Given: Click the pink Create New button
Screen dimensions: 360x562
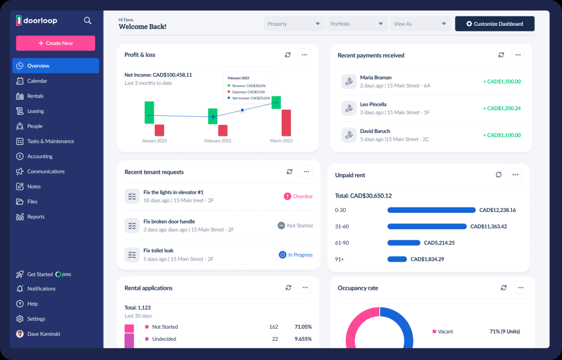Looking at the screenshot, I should click(55, 43).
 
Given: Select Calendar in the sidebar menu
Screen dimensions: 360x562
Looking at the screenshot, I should click(37, 81).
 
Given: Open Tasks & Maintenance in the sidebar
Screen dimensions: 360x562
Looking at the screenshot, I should click(50, 141).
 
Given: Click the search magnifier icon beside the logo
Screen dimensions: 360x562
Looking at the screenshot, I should click(87, 21).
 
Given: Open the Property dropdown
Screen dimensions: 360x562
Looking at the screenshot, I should click(294, 24).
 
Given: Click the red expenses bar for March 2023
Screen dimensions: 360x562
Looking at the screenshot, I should click(286, 122).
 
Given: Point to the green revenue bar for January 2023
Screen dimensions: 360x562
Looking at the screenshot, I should click(149, 112).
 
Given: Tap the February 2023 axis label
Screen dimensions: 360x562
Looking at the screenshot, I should click(217, 141).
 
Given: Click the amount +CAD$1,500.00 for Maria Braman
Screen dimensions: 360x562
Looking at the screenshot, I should click(502, 81).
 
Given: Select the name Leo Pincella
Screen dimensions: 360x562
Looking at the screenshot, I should click(373, 104).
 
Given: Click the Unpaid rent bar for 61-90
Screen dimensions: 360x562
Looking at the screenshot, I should click(403, 243).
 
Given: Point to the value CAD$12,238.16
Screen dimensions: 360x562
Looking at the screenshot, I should click(497, 210).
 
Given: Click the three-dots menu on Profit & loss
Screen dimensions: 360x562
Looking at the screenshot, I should click(305, 55).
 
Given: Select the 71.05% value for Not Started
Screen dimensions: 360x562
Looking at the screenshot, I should click(302, 327).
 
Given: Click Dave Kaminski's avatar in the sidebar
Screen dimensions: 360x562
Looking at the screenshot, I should click(20, 334).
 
